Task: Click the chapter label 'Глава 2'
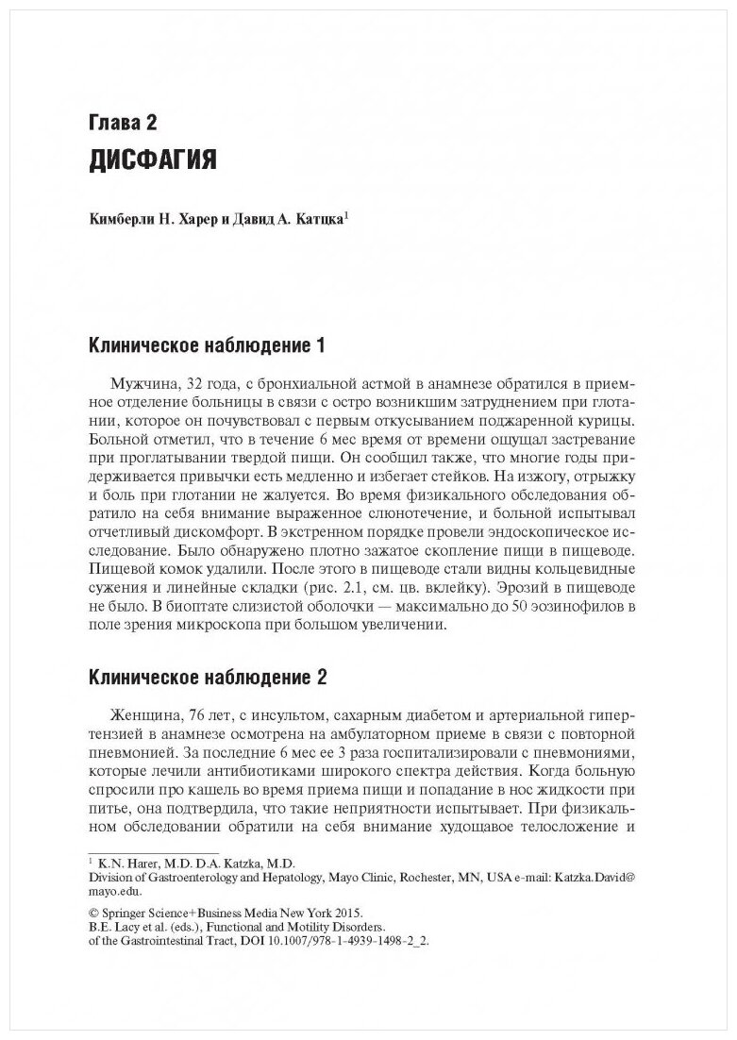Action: (x=122, y=123)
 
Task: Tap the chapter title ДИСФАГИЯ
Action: (x=152, y=159)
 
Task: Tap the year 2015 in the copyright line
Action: (x=346, y=913)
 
